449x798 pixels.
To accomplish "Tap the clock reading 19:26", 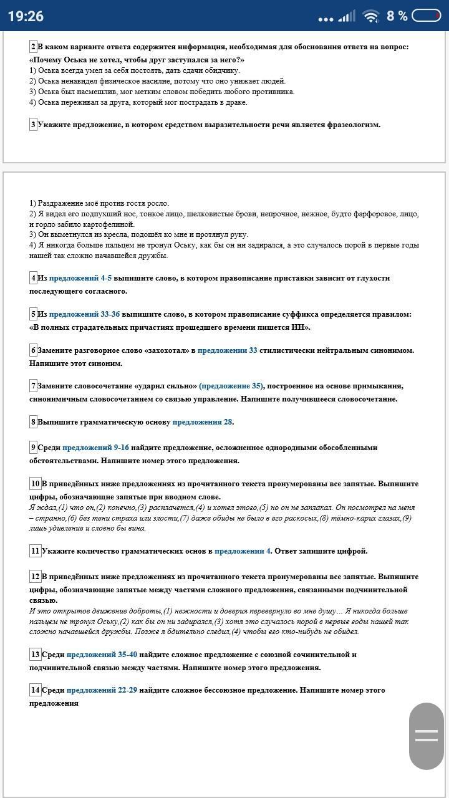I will pos(26,16).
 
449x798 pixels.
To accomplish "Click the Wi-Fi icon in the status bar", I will pos(371,16).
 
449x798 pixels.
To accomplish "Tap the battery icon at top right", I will pos(427,16).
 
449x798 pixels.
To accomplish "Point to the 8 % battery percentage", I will pos(397,16).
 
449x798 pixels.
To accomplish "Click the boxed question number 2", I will pos(33,47).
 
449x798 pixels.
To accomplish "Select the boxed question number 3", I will pos(33,125).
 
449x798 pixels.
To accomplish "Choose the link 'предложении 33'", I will pos(228,350).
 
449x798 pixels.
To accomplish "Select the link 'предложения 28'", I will pos(203,422).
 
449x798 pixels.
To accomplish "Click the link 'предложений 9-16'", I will pos(95,448).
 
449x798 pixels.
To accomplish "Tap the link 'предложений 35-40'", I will pos(102,655).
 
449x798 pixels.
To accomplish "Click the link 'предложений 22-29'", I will pos(102,690).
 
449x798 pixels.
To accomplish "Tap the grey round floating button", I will pos(427,736).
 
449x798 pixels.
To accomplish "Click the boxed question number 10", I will pos(35,484).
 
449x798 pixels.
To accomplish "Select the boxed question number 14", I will pos(35,690).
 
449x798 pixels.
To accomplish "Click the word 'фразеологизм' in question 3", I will pos(353,125).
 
